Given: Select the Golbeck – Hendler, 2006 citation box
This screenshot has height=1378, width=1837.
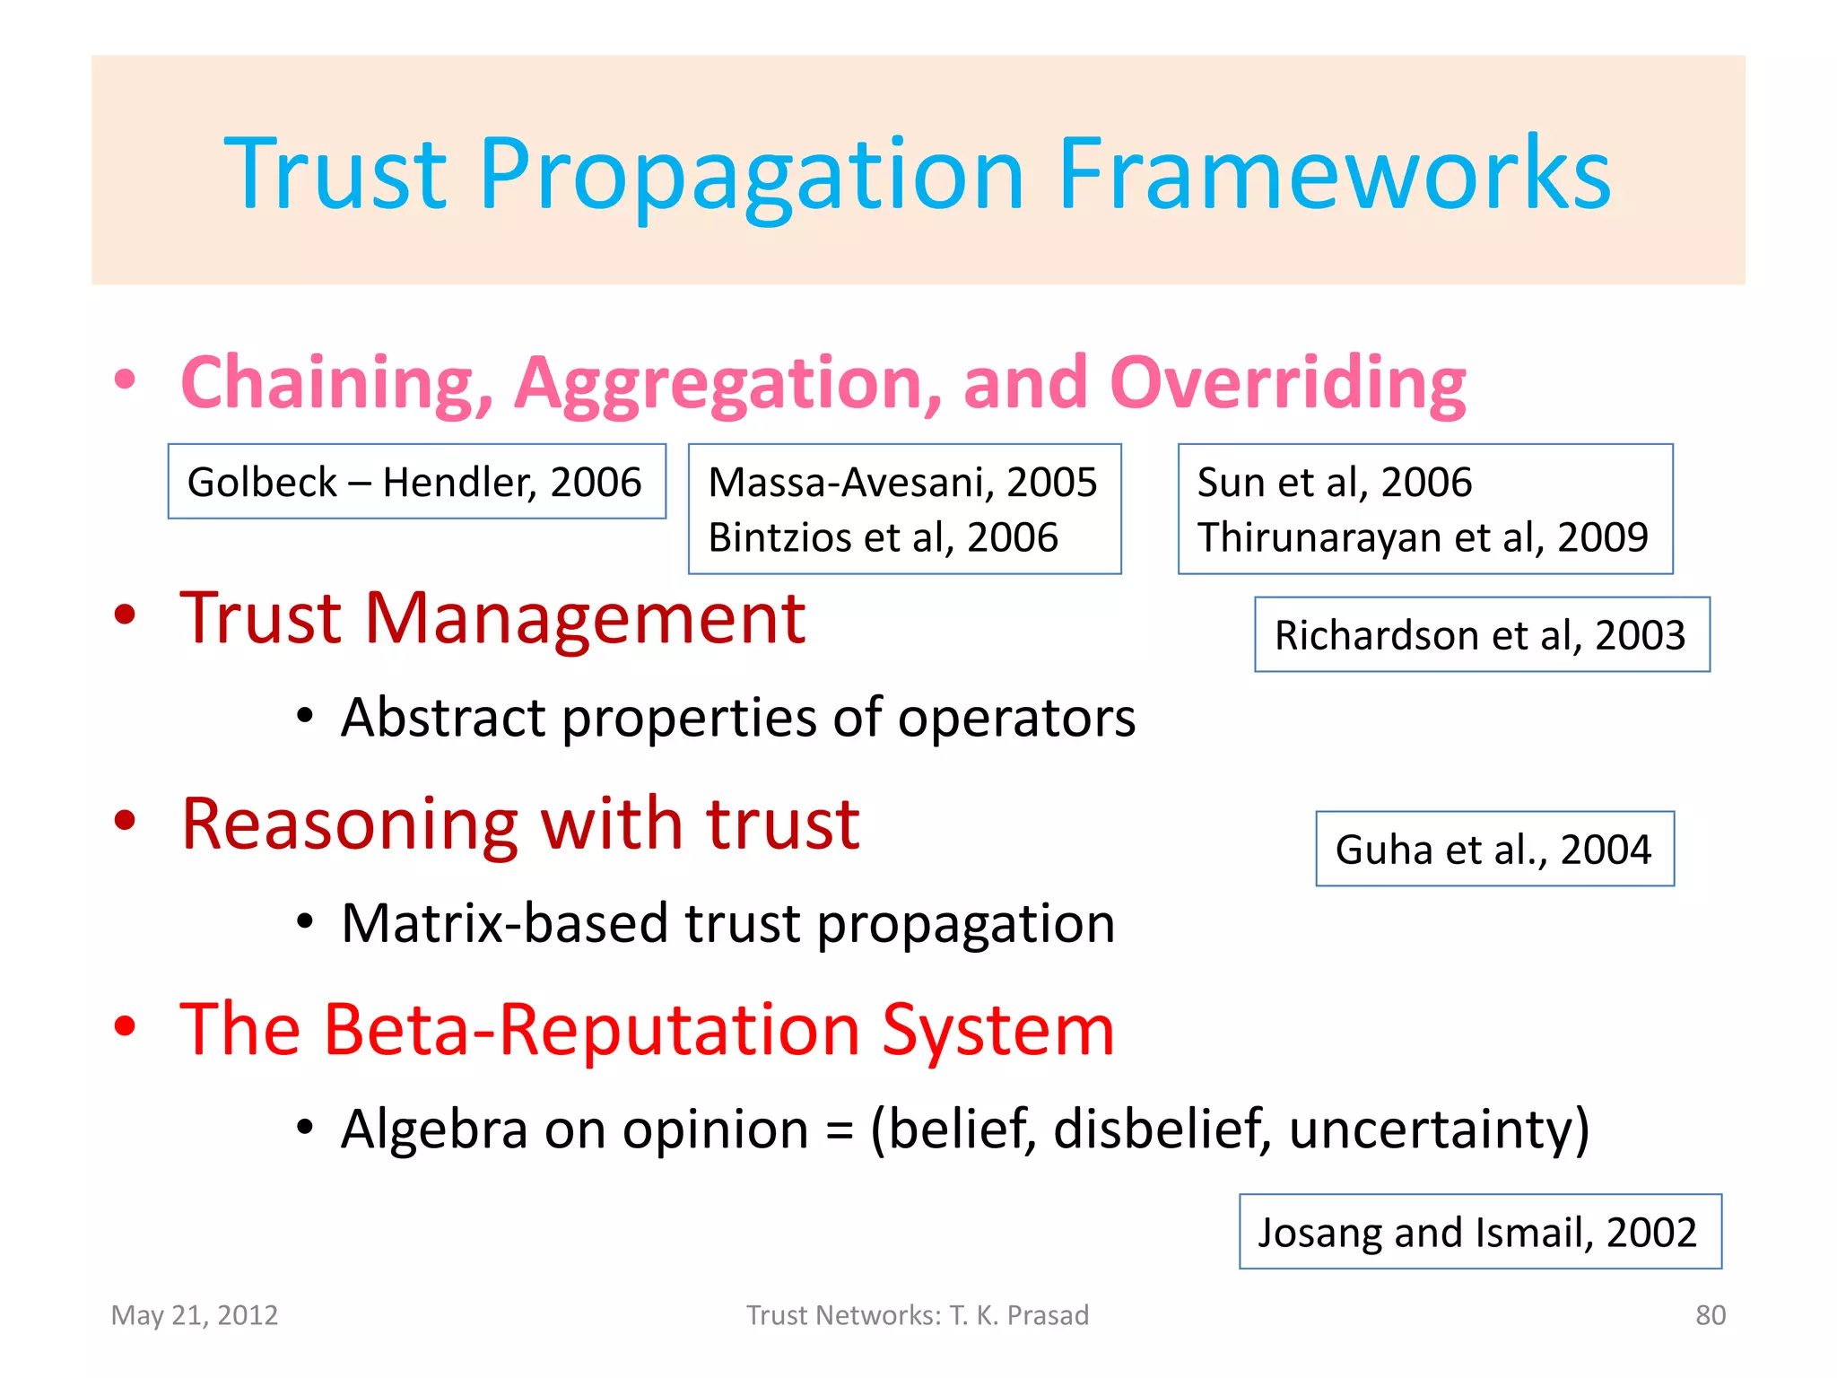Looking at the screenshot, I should (x=416, y=482).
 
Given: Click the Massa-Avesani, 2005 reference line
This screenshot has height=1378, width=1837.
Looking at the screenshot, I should (x=902, y=482).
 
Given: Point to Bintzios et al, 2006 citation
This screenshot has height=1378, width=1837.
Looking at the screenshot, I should (x=883, y=537).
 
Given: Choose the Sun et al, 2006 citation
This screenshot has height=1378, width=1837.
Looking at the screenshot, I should (x=1334, y=482).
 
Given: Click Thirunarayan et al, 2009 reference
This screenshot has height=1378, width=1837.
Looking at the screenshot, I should (x=1423, y=537).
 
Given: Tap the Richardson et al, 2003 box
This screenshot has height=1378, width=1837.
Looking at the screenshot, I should (x=1481, y=634).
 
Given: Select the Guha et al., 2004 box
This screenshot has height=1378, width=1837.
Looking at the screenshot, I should (x=1493, y=849).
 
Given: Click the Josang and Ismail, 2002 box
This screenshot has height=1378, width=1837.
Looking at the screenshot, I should (x=1479, y=1232).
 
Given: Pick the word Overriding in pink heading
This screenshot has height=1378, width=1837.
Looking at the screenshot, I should (x=1287, y=383).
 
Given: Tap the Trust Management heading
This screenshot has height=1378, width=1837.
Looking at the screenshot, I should (x=492, y=618).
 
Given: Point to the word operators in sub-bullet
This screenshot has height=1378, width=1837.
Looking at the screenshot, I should (x=1016, y=718).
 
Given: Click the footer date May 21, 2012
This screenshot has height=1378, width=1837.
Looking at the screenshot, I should (x=195, y=1315).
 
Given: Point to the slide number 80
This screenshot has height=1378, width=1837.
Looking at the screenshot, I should (x=1710, y=1315).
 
